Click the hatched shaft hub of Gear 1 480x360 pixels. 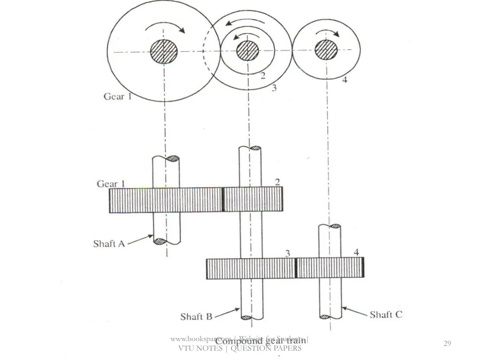(x=163, y=52)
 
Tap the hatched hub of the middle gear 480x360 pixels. (x=247, y=51)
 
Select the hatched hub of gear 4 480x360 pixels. (x=326, y=50)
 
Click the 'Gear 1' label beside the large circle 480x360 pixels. (x=117, y=97)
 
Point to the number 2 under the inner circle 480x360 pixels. (x=263, y=75)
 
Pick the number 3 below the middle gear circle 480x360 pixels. (x=274, y=88)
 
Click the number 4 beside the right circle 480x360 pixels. (x=345, y=80)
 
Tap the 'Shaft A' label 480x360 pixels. (x=109, y=243)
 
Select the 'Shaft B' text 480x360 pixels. (x=196, y=317)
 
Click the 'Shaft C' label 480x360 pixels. (x=386, y=315)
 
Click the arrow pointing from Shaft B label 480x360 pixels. (x=228, y=313)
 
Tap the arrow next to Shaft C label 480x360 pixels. (x=354, y=312)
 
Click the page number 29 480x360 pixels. (x=447, y=344)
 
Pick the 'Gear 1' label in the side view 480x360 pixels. (x=111, y=184)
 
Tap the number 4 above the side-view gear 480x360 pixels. (x=356, y=252)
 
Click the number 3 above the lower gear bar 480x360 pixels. (x=288, y=253)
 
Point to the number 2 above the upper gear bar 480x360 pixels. (x=277, y=182)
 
